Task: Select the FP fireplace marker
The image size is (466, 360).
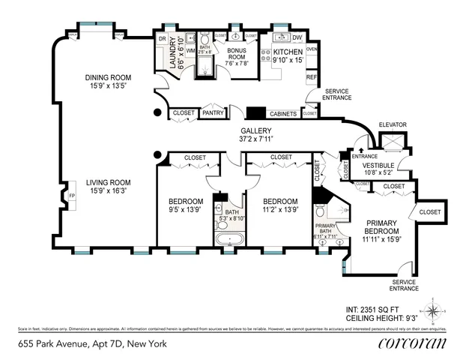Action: (x=72, y=196)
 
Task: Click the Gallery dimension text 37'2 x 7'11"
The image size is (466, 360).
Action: (x=256, y=139)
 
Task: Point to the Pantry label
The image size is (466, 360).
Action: (x=214, y=113)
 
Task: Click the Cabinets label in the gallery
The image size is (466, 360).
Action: (x=282, y=113)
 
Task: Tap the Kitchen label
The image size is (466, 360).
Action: (x=282, y=53)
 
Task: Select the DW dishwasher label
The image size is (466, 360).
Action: (x=297, y=37)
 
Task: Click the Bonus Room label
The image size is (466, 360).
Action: (x=237, y=53)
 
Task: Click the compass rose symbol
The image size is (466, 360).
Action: (x=434, y=307)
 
